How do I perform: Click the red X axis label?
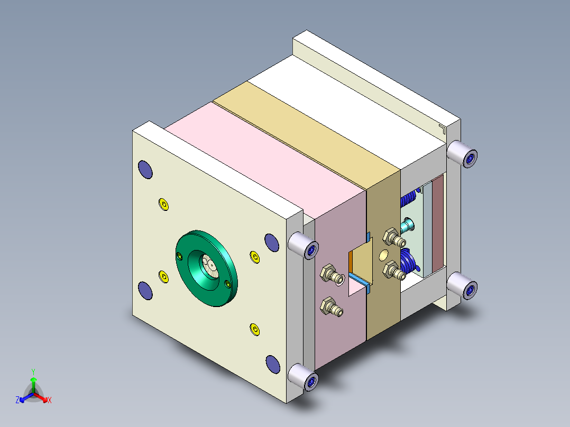pyautogui.click(x=50, y=400)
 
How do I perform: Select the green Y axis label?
pyautogui.click(x=33, y=372)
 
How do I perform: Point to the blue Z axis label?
pyautogui.click(x=17, y=400)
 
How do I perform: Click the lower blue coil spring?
pyautogui.click(x=408, y=261)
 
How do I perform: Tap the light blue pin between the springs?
pyautogui.click(x=408, y=226)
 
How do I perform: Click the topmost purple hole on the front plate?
pyautogui.click(x=145, y=169)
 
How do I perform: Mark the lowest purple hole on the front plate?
pyautogui.click(x=272, y=364)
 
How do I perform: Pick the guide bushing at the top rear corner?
pyautogui.click(x=462, y=154)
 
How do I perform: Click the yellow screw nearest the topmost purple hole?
pyautogui.click(x=163, y=204)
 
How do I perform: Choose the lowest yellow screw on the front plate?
pyautogui.click(x=255, y=330)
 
